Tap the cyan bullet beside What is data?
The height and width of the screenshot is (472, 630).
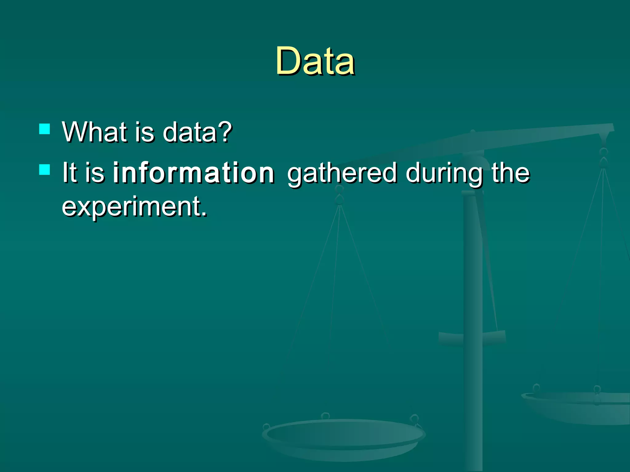tap(45, 129)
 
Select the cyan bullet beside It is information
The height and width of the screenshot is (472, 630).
tap(45, 169)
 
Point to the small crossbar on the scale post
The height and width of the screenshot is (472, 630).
tap(472, 338)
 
